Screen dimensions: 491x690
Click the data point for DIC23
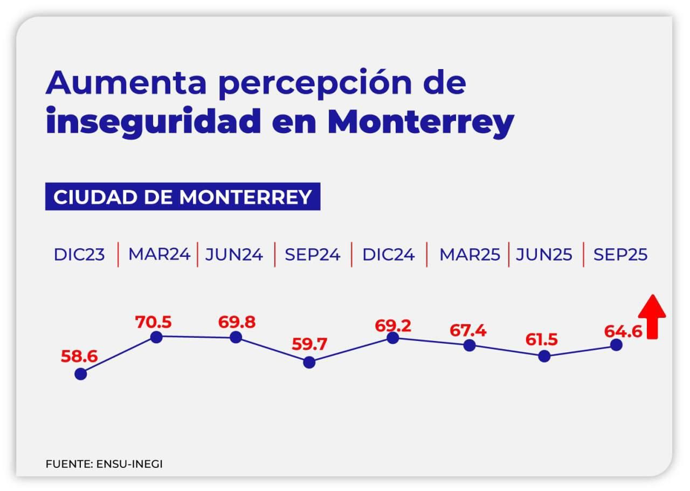pos(81,373)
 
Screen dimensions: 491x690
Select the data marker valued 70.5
pos(156,337)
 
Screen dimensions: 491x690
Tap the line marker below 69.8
pos(236,338)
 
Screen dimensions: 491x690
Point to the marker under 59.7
pos(309,362)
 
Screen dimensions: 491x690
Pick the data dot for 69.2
pos(393,338)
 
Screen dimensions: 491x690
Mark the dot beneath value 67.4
pos(470,345)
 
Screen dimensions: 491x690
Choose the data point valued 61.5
pos(544,356)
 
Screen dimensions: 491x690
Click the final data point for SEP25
pos(617,345)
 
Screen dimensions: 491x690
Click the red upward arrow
pos(652,317)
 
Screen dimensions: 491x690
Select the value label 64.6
pos(623,331)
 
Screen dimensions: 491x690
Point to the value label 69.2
pos(393,325)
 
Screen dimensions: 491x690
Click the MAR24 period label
pos(159,255)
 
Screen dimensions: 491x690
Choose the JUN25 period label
pos(544,255)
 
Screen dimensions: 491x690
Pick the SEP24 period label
pos(313,255)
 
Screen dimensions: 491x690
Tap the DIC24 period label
pos(389,255)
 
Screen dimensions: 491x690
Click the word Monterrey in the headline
pos(420,122)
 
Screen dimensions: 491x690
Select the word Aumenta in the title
pos(127,83)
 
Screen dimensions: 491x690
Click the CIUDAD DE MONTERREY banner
pos(183,197)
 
